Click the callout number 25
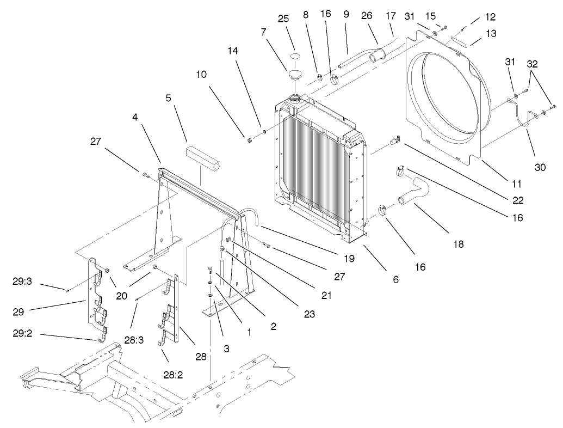(283, 19)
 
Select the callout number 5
(168, 99)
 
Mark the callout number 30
(540, 168)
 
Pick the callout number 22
(518, 200)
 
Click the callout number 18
(458, 244)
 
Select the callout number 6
(395, 279)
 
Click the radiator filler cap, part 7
(295, 75)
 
